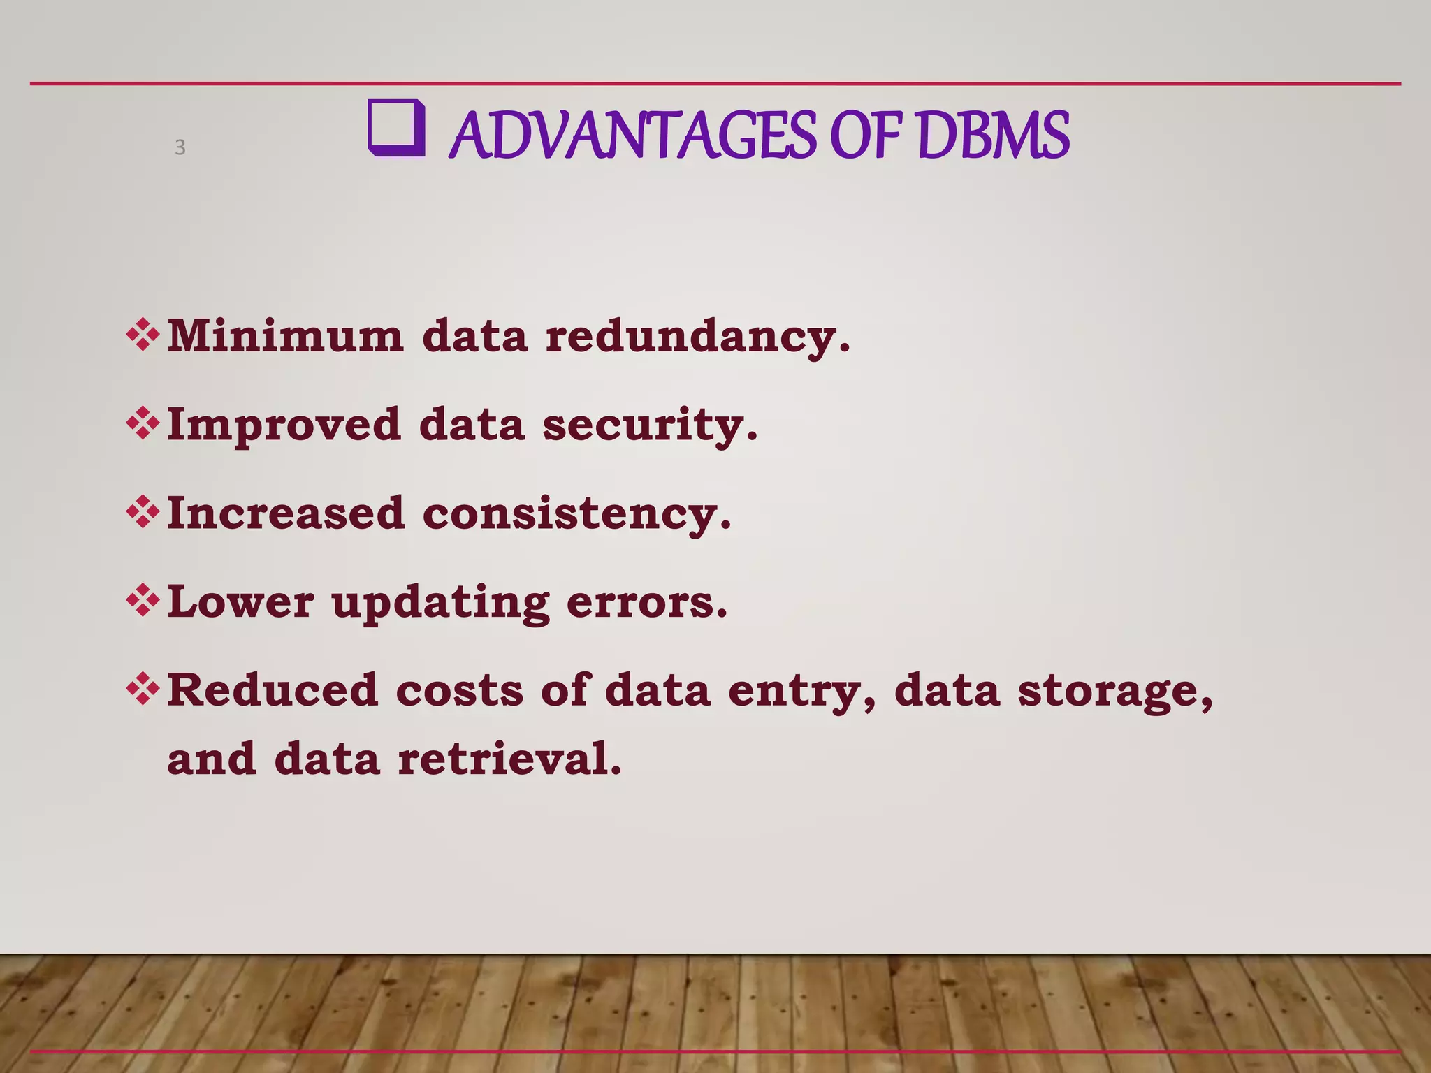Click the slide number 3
(180, 147)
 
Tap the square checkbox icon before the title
(396, 128)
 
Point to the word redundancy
(697, 337)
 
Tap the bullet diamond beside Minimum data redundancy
(143, 335)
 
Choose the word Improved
(284, 425)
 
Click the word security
(650, 425)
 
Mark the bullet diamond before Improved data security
(143, 423)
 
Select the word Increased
(286, 513)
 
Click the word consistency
(577, 514)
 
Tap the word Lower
(240, 601)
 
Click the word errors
(647, 602)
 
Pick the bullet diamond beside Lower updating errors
(143, 601)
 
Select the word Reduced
(273, 690)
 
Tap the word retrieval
(509, 759)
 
